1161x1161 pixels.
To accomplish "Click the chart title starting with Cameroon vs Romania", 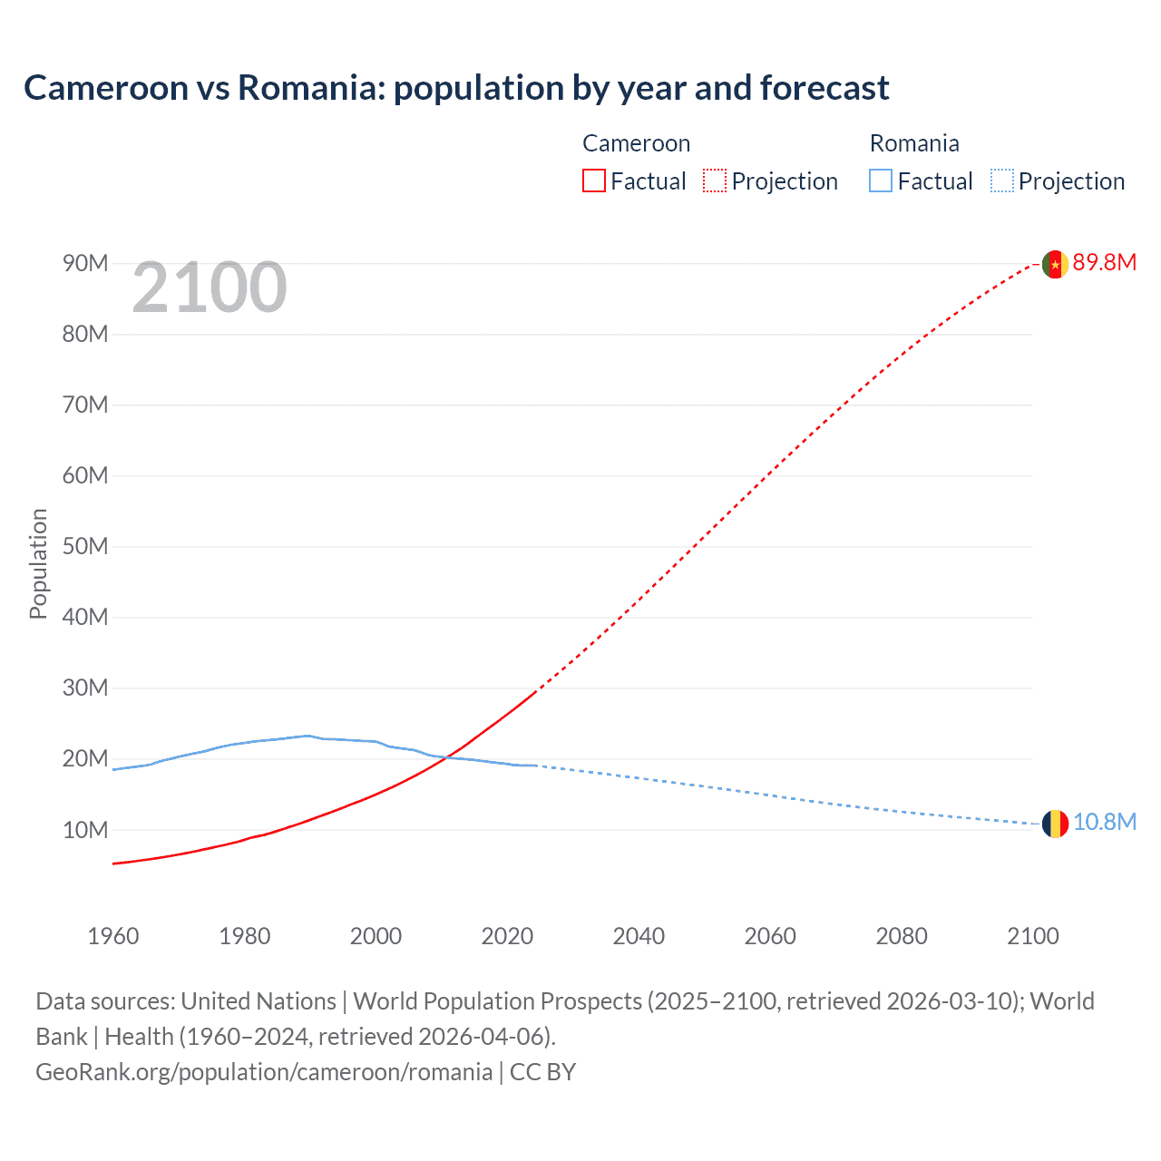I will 456,88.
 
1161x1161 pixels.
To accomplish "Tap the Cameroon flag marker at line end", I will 1054,264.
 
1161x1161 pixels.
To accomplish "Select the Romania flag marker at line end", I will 1054,824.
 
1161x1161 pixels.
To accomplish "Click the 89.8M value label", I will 1104,263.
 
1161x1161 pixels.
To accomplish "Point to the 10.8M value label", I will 1104,823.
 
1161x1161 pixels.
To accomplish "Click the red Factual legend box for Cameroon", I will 593,181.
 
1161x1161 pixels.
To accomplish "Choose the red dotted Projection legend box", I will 715,181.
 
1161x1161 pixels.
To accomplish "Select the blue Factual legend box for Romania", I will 880,181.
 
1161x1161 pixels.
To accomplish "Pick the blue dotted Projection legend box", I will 1002,181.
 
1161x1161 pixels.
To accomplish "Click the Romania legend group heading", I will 913,143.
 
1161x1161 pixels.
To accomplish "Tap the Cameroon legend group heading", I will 636,143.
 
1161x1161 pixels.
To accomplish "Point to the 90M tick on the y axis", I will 85,264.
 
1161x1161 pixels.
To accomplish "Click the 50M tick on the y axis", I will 85,547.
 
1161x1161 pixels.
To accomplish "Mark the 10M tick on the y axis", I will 85,830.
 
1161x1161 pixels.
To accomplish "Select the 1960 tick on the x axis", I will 113,936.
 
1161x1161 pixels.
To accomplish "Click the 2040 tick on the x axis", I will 639,936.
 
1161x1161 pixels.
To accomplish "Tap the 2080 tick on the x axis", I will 902,936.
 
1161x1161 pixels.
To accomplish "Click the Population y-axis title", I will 38,563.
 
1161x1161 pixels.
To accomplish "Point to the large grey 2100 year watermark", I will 210,288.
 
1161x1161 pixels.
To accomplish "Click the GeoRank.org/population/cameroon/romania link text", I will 264,1072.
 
